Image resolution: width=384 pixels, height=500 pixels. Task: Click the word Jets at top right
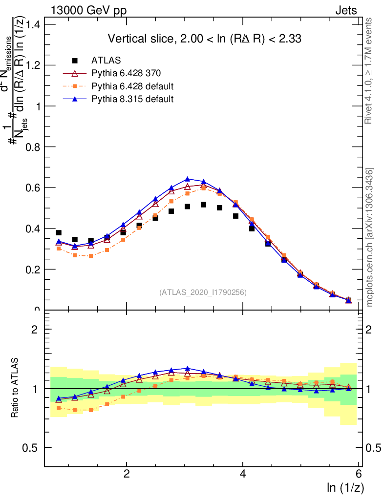click(346, 10)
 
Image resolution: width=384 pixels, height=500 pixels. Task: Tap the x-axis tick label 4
click(243, 474)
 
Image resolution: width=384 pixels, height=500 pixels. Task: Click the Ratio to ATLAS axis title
click(16, 388)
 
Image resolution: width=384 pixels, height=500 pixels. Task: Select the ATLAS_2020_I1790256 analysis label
click(202, 292)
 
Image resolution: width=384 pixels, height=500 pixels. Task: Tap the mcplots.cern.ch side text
click(370, 237)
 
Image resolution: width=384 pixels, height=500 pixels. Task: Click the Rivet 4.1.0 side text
click(370, 71)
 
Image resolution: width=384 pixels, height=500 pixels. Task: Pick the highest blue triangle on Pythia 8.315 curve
click(187, 179)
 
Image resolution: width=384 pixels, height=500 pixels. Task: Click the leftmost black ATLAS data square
click(59, 233)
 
